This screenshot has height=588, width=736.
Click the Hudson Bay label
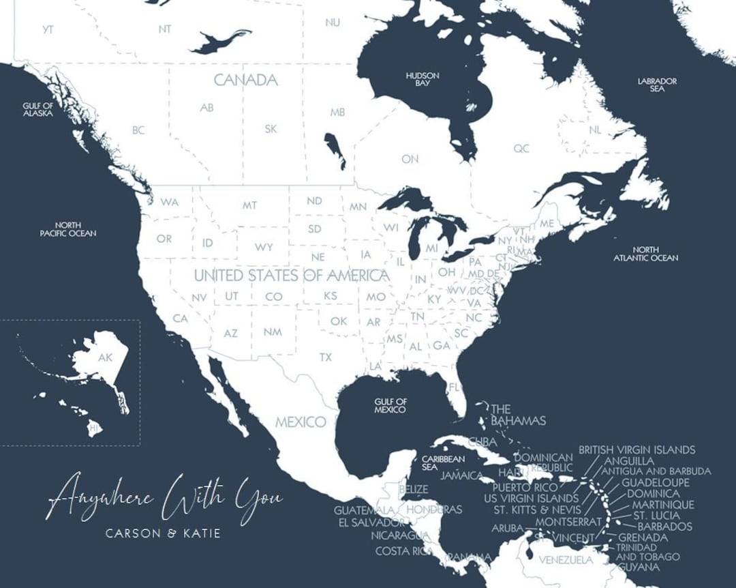423,79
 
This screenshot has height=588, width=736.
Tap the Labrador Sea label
657,85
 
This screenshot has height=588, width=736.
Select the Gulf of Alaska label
38,109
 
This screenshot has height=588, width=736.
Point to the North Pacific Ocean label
68,229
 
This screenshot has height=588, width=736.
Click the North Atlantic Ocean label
645,254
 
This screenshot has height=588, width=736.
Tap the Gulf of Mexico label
390,406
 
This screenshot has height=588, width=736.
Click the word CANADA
246,80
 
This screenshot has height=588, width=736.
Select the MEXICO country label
301,422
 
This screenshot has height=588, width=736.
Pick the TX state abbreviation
326,357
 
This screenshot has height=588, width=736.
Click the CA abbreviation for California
180,319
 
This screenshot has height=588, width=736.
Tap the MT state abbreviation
249,205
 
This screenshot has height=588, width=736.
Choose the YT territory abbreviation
48,29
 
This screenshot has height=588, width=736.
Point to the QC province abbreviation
521,148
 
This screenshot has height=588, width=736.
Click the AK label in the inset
105,357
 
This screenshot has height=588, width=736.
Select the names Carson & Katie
164,533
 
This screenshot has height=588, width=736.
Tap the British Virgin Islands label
637,450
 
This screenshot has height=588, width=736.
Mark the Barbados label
664,526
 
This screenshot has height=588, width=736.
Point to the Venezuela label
565,560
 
